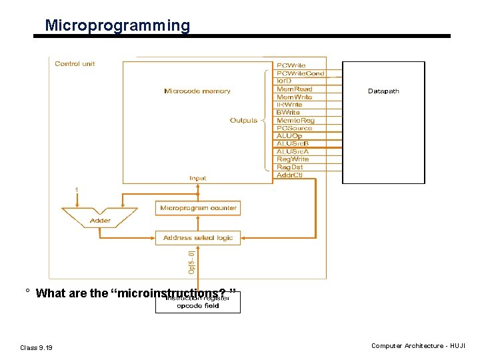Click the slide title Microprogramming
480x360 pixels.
(117, 26)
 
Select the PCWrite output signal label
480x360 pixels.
(291, 65)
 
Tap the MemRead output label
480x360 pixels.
(294, 89)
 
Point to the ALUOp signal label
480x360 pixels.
(289, 136)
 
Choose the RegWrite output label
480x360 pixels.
(293, 159)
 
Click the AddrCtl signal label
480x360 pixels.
(290, 175)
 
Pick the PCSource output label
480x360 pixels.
(294, 128)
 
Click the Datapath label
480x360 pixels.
(383, 91)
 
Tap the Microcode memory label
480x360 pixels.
(197, 91)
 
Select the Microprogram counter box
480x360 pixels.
(198, 208)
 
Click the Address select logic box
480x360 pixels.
(198, 237)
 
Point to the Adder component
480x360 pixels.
(100, 220)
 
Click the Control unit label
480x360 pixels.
(75, 64)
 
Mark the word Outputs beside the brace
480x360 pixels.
(243, 121)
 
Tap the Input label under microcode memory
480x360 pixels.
(198, 178)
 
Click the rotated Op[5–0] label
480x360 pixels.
(191, 261)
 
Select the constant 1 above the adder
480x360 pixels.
(77, 190)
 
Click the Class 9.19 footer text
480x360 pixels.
(37, 347)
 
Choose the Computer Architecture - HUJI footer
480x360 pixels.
(418, 346)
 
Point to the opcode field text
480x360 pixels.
(198, 306)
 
